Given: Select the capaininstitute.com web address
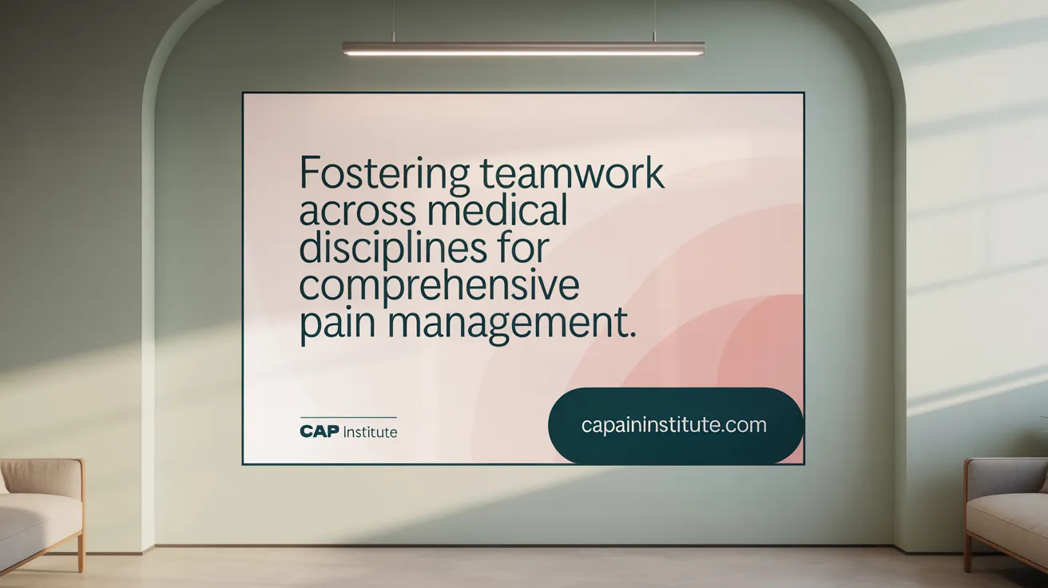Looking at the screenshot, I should [x=674, y=426].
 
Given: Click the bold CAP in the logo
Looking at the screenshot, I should [x=319, y=432].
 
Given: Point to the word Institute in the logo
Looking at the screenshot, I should [x=370, y=432].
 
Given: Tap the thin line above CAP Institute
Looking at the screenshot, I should [x=348, y=418].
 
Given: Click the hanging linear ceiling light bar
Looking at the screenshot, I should [x=523, y=49].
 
